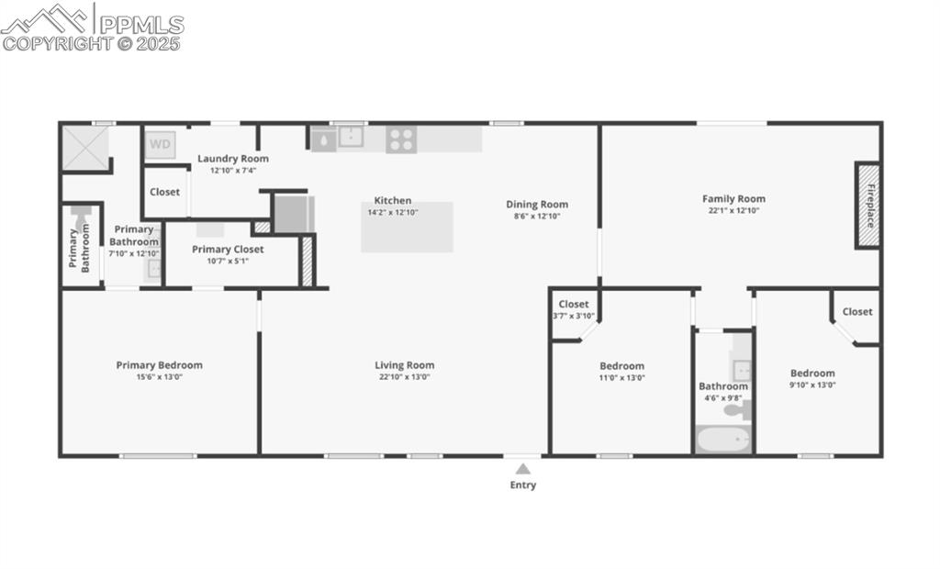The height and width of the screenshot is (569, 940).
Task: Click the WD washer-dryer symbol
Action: coord(160,144)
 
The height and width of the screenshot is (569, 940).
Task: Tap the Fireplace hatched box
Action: coord(868,205)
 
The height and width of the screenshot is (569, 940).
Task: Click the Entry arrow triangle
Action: coord(522,469)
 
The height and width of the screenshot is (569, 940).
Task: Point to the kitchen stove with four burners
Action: coord(401,139)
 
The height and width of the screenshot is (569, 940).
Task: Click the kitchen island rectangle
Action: coord(407,227)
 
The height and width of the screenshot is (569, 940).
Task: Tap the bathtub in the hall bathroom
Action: coord(722,440)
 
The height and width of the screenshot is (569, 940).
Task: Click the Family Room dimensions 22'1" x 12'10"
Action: coord(733,210)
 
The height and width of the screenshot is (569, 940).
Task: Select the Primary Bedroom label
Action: coord(159,365)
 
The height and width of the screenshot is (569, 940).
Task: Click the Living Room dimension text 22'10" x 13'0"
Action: coord(404,377)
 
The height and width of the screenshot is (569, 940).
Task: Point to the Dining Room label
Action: coord(537,205)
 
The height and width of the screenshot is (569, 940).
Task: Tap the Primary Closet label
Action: coord(228,250)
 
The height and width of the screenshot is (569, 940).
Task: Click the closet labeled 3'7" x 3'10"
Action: coord(574,310)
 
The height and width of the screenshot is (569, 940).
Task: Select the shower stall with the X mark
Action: coord(84,148)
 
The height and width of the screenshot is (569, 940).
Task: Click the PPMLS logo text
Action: coord(140,24)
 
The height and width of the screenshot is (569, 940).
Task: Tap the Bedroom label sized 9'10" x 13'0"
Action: coord(812,374)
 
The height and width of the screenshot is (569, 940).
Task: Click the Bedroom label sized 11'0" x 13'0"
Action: coord(621,366)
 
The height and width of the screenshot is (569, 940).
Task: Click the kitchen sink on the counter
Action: coord(351,138)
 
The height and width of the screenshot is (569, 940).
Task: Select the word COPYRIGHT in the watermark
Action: coord(57,42)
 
